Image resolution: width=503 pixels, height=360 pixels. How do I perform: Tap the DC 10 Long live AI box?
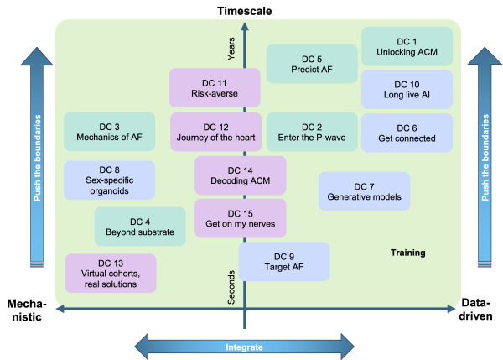[x=407, y=90]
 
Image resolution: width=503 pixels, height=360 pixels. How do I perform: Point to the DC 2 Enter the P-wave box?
[x=312, y=133]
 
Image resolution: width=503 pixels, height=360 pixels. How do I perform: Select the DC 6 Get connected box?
[x=407, y=133]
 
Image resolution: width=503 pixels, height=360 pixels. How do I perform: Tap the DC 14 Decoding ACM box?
[x=241, y=175]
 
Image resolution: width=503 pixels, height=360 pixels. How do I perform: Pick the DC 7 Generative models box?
[x=364, y=192]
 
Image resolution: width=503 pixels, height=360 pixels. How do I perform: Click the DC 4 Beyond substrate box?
[x=139, y=227]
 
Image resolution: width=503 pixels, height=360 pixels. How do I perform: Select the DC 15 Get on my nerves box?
[x=241, y=218]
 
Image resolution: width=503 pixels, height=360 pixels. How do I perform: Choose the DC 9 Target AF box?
[x=284, y=261]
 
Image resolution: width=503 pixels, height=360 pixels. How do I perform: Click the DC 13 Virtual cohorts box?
[x=111, y=273]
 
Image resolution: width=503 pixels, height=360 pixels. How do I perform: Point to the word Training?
[x=408, y=253]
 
